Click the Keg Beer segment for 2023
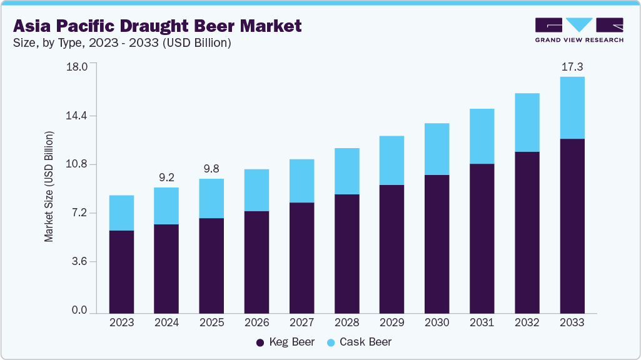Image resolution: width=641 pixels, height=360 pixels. tap(121, 272)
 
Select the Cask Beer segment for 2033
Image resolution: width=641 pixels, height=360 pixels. tap(572, 107)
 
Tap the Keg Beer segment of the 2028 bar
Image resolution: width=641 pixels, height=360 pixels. tap(346, 254)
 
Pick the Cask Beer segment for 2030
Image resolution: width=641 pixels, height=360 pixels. tap(437, 149)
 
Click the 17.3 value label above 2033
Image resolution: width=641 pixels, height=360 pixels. tap(572, 66)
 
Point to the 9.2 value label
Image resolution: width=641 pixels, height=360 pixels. tap(166, 177)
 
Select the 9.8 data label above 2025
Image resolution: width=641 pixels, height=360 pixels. tap(211, 169)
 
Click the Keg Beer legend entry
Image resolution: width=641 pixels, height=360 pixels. tap(285, 342)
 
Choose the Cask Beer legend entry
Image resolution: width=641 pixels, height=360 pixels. tap(359, 342)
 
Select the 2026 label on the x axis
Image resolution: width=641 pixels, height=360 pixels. tap(256, 322)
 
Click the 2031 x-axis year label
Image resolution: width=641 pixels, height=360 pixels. tap(482, 322)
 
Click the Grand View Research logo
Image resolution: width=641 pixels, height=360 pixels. tap(578, 29)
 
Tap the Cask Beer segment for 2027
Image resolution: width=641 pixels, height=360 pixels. tap(301, 181)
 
